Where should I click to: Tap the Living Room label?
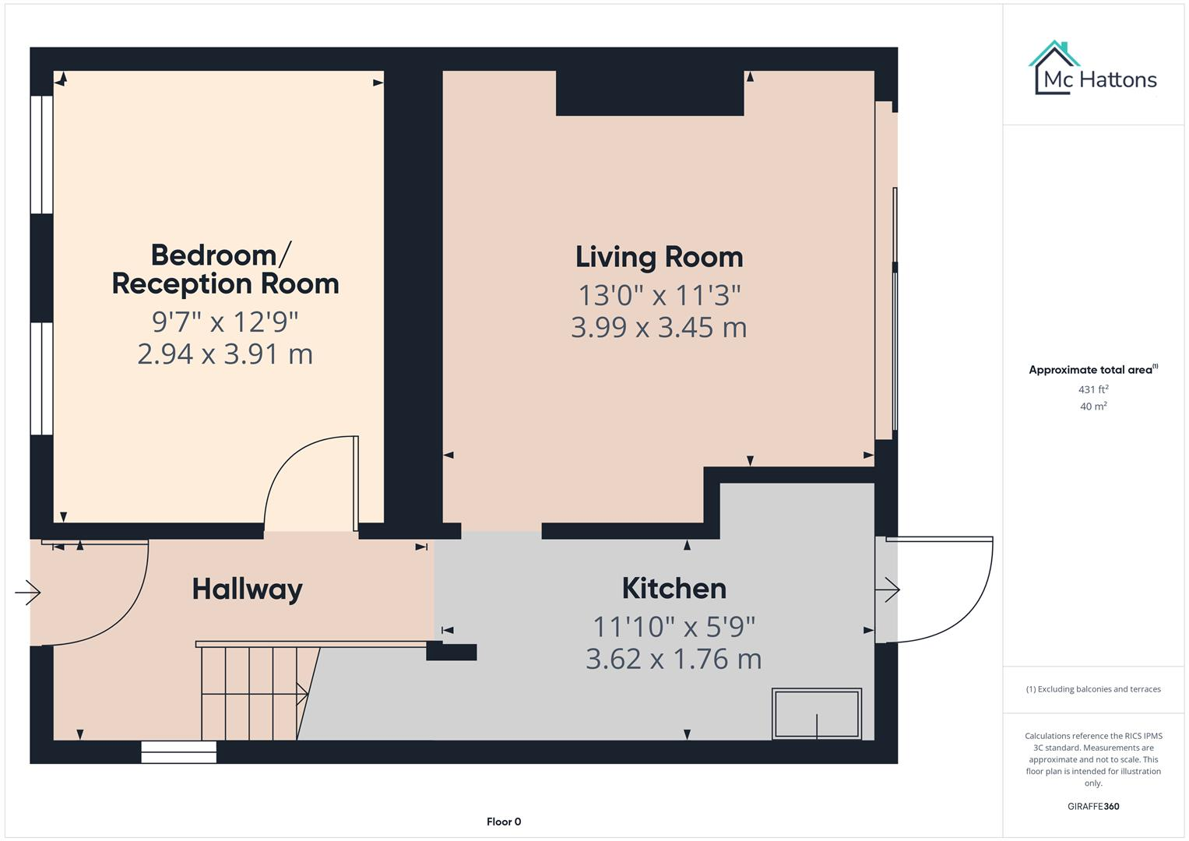[x=659, y=257]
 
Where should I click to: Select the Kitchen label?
[x=674, y=588]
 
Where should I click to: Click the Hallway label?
[x=247, y=589]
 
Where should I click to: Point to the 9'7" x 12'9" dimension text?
[x=225, y=321]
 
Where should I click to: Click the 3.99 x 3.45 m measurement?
[x=659, y=327]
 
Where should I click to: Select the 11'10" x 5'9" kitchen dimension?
[x=674, y=626]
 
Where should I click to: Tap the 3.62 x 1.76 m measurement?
[x=674, y=659]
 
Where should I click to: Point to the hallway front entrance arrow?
[x=28, y=593]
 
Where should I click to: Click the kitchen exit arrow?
[x=887, y=590]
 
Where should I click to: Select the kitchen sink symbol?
[x=816, y=713]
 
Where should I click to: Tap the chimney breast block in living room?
[x=649, y=93]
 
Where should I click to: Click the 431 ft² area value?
[x=1093, y=389]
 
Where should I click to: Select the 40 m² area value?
[x=1093, y=406]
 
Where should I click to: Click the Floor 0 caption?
[x=503, y=822]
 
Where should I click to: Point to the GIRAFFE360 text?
[x=1093, y=806]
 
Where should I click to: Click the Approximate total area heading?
[x=1092, y=370]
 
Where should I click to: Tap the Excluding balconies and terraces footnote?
[x=1093, y=689]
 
